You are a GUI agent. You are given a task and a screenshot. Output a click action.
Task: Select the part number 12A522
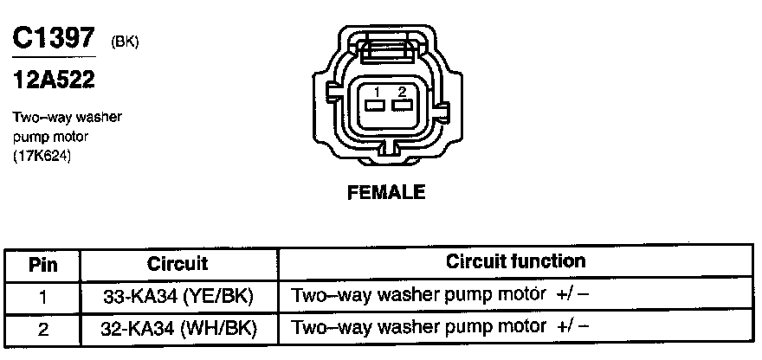tap(53, 81)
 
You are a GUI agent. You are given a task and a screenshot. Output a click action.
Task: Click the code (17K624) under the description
tap(42, 156)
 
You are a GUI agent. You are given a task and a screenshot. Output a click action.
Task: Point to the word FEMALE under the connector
tap(386, 193)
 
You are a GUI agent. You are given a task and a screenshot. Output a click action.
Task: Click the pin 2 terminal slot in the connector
tap(401, 106)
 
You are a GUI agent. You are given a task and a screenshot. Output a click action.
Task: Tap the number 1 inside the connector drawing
tap(378, 91)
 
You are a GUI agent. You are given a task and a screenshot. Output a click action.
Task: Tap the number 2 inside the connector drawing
tap(401, 91)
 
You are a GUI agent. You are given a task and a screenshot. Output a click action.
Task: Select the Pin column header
tap(42, 264)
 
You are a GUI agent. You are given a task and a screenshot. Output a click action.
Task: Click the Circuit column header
tap(178, 264)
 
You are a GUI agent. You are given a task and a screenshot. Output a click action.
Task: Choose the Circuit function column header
tap(515, 261)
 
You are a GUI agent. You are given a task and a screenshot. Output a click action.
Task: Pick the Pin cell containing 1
tap(42, 296)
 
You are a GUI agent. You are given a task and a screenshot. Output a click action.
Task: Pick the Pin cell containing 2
tap(42, 328)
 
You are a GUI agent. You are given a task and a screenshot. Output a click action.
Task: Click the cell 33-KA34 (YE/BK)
tap(178, 296)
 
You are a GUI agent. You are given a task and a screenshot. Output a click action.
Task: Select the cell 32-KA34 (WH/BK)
tap(178, 328)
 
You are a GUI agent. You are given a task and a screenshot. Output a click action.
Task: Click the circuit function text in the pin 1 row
tap(441, 295)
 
